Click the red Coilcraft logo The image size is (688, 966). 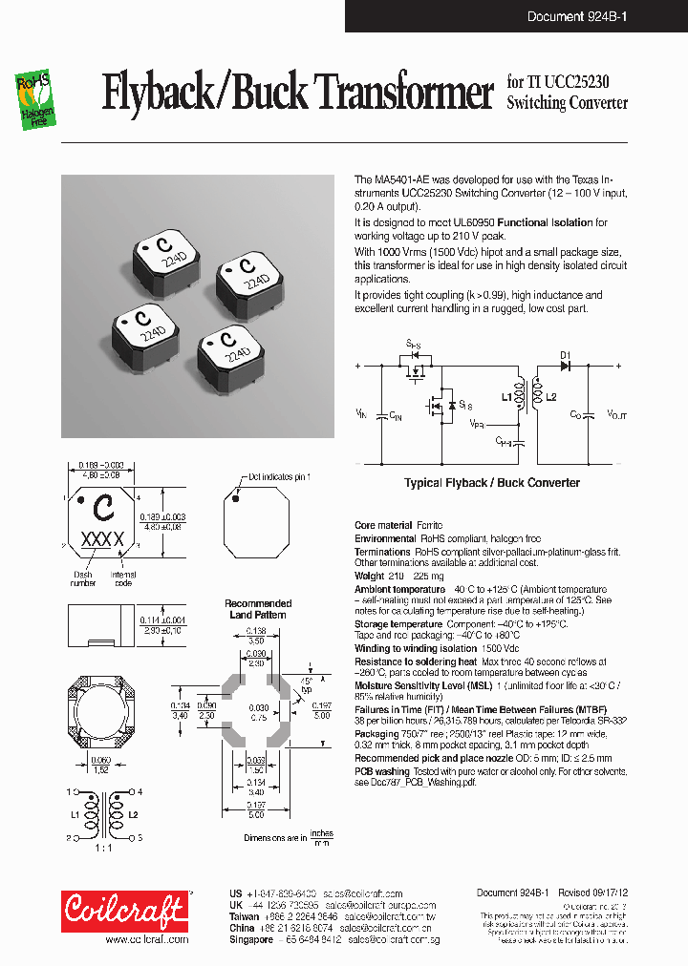125,911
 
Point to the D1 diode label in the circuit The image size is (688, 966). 564,353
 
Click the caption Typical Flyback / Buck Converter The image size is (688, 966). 491,483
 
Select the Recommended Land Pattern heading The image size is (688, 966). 257,609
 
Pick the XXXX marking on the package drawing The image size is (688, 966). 103,539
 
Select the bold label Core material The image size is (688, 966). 383,526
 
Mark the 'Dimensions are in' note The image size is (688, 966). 275,837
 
